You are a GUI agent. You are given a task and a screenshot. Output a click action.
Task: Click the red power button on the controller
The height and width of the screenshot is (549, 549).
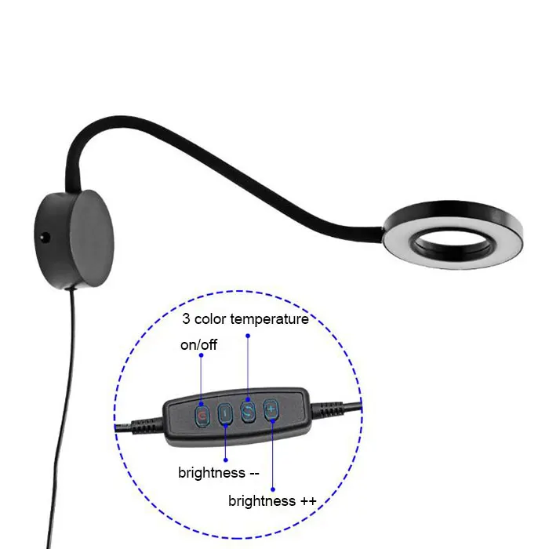coord(202,413)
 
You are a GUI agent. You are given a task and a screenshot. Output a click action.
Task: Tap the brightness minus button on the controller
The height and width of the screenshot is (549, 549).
coord(226,413)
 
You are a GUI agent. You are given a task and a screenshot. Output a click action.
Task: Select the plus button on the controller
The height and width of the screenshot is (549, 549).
coord(271,409)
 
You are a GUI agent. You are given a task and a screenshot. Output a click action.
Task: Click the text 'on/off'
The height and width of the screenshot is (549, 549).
coord(199,345)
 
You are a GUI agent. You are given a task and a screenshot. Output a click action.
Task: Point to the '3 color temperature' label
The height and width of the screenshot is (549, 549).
coord(245,319)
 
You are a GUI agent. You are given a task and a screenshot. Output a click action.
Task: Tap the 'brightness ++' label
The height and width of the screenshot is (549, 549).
coord(272,500)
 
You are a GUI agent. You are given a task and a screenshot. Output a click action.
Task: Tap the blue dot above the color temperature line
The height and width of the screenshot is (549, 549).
coord(248,336)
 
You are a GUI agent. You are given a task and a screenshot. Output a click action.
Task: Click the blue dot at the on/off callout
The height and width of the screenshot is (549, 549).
coord(202,355)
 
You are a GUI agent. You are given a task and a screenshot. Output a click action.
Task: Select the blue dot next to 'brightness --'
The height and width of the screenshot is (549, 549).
coord(226,459)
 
